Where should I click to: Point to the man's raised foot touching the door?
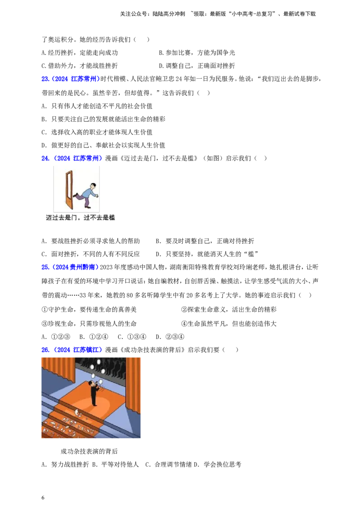[75, 196]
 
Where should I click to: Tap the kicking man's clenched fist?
[96, 196]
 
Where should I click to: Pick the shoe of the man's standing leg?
[88, 207]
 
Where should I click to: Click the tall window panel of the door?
[69, 184]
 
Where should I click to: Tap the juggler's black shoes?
[94, 405]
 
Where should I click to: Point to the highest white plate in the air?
[99, 362]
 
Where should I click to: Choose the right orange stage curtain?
[135, 382]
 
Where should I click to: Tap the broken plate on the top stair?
[78, 412]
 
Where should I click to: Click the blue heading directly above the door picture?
[72, 158]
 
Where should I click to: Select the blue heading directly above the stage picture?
[72, 349]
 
